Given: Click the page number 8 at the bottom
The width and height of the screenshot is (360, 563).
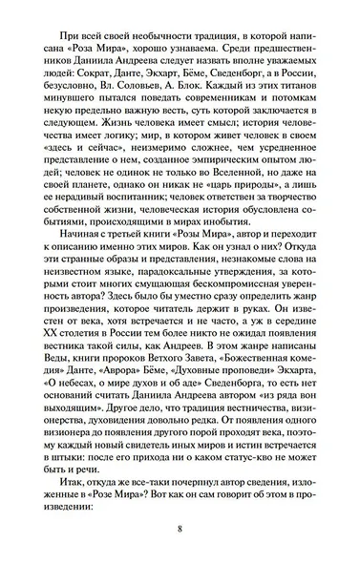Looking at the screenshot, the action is point(180,532).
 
